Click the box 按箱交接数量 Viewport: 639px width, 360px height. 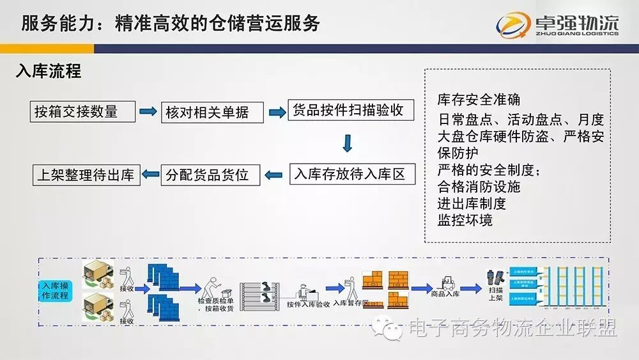pos(83,112)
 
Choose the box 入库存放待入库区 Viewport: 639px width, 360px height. pos(350,174)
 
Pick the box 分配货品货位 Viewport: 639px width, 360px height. pos(210,175)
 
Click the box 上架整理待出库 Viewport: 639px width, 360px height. pos(86,175)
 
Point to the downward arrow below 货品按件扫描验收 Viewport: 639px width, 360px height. pos(347,143)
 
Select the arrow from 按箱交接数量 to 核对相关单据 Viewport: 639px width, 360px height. pos(148,112)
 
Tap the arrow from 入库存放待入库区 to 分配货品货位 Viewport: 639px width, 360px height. pos(274,174)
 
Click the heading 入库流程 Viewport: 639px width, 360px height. pos(49,71)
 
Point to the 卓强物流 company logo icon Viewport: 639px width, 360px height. pos(514,24)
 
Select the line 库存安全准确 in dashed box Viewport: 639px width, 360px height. pos(479,100)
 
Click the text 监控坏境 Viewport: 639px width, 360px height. pos(465,220)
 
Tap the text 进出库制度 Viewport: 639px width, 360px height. pos(472,203)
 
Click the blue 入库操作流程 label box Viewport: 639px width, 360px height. pos(56,290)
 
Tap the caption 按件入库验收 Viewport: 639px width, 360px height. pos(309,304)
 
